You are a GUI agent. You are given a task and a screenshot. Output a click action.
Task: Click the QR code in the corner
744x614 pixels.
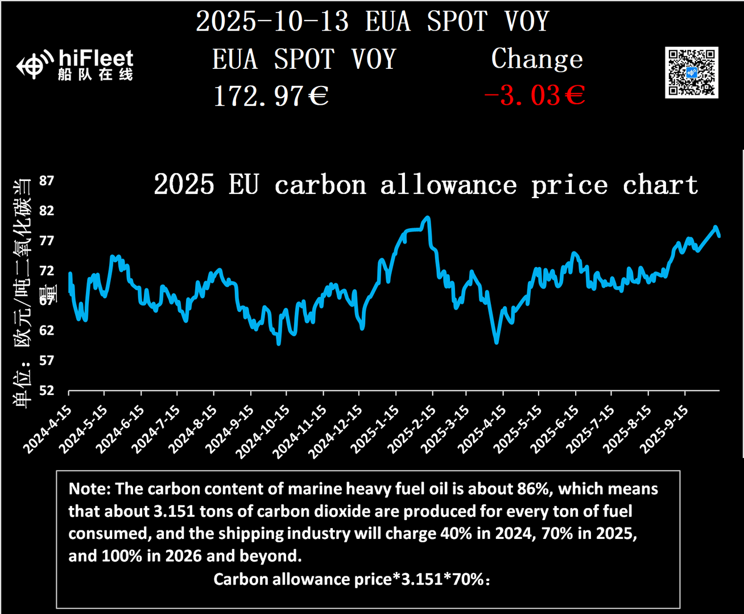click(x=691, y=73)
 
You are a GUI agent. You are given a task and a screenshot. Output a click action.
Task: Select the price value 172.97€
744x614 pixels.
click(x=271, y=96)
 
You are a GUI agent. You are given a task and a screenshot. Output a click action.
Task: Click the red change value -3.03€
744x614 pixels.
click(x=534, y=95)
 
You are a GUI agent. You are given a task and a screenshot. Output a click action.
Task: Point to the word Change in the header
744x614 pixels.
click(x=537, y=59)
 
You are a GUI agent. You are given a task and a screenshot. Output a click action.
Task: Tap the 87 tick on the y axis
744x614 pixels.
click(x=47, y=181)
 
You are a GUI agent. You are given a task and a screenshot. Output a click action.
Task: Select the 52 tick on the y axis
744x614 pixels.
click(x=47, y=390)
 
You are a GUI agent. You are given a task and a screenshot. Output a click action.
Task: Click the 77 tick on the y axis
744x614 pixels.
click(x=47, y=241)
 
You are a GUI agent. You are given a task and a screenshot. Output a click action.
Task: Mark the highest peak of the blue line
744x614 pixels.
click(x=427, y=217)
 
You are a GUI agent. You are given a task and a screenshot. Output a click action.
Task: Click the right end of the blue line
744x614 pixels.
click(x=719, y=236)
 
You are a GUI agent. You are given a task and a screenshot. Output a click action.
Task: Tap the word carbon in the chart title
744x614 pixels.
click(x=320, y=186)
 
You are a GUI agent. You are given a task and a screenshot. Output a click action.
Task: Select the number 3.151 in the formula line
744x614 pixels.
click(x=421, y=579)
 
